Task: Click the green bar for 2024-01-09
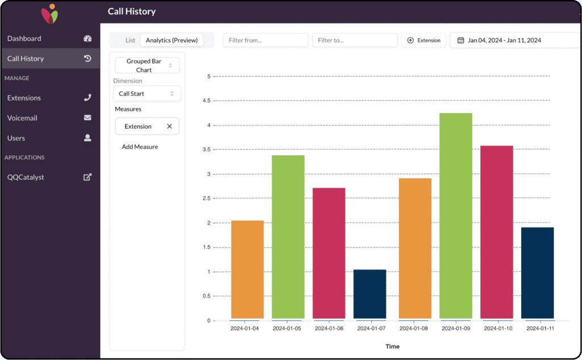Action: tap(456, 216)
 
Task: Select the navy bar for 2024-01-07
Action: tap(369, 294)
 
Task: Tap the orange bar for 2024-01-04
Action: tap(247, 270)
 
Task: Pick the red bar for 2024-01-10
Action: tap(497, 232)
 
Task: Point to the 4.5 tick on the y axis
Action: tap(207, 101)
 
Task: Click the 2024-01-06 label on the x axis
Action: tap(329, 328)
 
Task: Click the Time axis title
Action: tap(392, 346)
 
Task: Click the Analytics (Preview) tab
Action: tap(172, 40)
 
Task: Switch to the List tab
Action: tap(130, 40)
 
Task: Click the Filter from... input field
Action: tap(266, 40)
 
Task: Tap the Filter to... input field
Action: tap(355, 40)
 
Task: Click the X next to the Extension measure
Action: tap(169, 126)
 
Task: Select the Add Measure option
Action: tap(140, 147)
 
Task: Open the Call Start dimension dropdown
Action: tap(147, 94)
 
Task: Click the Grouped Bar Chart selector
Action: tap(147, 65)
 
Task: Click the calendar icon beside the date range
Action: tap(460, 40)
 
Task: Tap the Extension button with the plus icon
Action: tap(424, 40)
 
